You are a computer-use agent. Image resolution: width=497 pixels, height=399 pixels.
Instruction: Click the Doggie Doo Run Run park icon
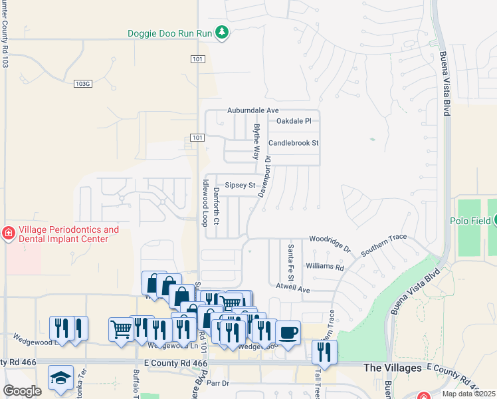tap(223, 33)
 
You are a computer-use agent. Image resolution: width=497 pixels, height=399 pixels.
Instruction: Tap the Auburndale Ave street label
tap(252, 110)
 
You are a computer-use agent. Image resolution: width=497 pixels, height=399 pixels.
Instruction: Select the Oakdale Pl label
tap(294, 121)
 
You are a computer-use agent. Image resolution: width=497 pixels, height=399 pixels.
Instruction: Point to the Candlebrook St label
tap(294, 143)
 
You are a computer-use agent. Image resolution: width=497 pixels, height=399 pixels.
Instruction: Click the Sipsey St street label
tap(240, 185)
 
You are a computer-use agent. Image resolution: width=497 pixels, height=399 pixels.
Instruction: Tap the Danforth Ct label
tap(217, 205)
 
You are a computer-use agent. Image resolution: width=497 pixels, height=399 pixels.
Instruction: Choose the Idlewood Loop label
tap(205, 202)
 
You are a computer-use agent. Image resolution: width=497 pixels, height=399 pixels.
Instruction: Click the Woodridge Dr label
tap(330, 243)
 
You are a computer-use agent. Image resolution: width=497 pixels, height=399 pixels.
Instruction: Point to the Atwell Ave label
tap(293, 289)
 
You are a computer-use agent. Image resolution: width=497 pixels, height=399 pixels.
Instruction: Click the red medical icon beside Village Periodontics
tap(8, 233)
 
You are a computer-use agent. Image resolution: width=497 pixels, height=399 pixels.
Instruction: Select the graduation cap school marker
tap(60, 376)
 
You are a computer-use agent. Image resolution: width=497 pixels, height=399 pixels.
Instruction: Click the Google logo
tap(22, 391)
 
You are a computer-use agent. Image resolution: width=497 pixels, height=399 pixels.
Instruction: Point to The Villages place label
tap(393, 368)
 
